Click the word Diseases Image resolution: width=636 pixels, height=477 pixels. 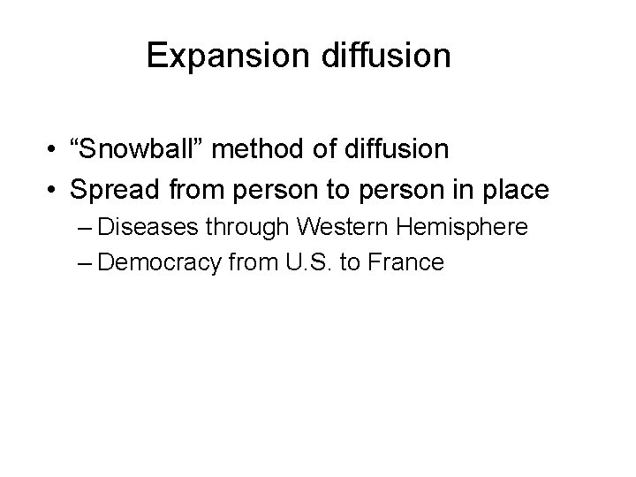coord(149,228)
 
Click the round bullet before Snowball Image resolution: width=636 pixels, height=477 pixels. coord(54,151)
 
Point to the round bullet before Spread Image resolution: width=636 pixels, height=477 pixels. coord(54,190)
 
